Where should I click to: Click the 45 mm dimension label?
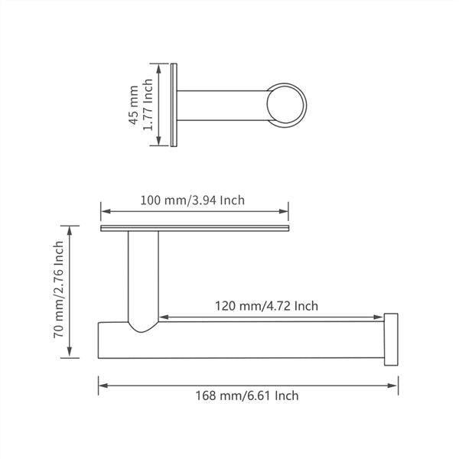(134, 104)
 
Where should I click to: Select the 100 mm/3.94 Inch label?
(193, 200)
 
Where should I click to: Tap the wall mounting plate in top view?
(176, 104)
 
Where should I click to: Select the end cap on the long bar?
(391, 340)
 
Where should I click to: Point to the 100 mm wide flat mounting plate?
(195, 228)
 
